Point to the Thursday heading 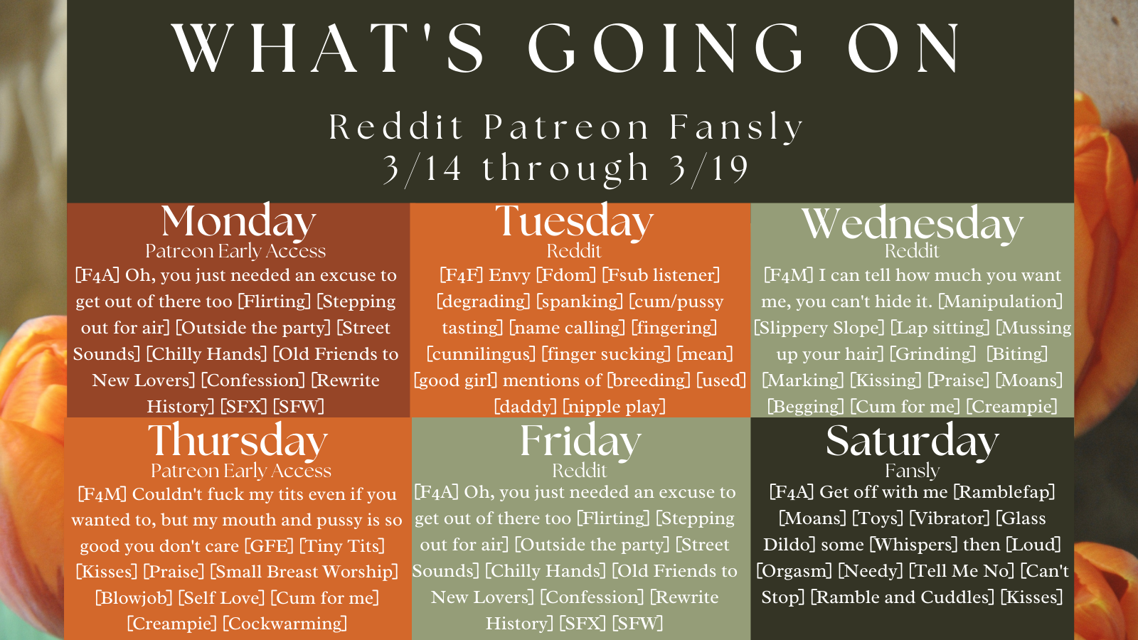click(238, 440)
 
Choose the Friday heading click(580, 440)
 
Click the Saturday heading click(913, 440)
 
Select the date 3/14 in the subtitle click(422, 169)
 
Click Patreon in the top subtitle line click(566, 127)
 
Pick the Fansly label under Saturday click(913, 471)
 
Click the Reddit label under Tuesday click(574, 251)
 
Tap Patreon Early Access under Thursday click(241, 471)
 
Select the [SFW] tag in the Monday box click(299, 406)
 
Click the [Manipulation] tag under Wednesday click(1000, 302)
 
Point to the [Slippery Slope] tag click(819, 328)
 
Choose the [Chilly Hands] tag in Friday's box click(545, 571)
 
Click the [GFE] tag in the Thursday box click(270, 546)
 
